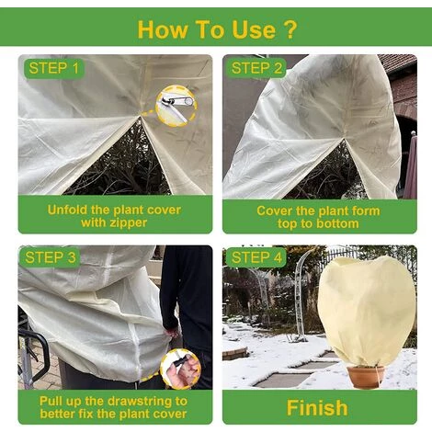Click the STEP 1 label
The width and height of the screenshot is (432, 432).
(54, 68)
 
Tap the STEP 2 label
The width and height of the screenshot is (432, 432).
(256, 68)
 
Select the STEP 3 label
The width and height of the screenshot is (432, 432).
(51, 257)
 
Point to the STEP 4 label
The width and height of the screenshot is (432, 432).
(256, 257)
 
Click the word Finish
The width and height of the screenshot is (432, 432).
(317, 408)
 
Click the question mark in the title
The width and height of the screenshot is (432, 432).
(289, 29)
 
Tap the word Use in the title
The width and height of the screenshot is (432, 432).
(255, 29)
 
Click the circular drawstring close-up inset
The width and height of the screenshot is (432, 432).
(180, 369)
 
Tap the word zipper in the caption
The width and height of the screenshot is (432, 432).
(130, 222)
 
